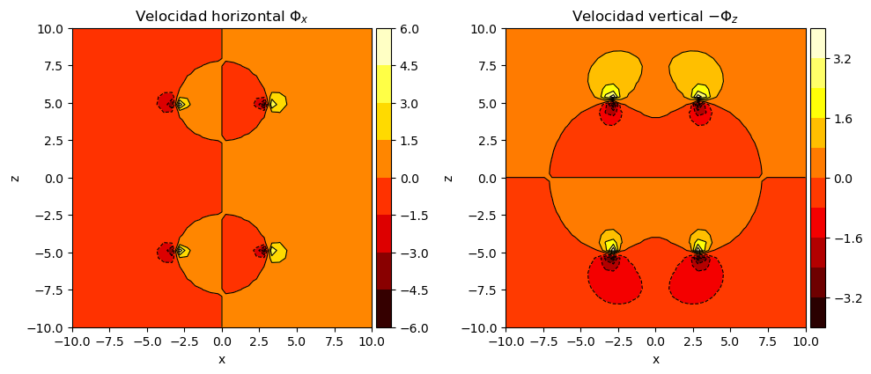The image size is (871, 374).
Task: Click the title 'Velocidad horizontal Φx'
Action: pos(222,17)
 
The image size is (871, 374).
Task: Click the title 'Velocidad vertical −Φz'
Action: pos(655,17)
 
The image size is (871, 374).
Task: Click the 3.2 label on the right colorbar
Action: pos(839,59)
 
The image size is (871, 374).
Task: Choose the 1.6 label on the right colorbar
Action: pos(839,119)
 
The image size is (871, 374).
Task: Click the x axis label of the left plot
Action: pos(222,359)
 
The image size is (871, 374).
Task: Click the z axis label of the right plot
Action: pos(448,178)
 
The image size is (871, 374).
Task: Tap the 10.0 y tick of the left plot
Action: pos(52,28)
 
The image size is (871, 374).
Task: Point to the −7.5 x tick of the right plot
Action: pos(543,340)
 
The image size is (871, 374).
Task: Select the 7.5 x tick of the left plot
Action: pos(334,340)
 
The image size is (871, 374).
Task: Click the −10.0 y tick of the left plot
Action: pos(48,327)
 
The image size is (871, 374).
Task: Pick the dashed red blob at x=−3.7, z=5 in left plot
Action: pos(166,103)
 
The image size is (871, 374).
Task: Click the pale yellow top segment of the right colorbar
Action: pos(817,43)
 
